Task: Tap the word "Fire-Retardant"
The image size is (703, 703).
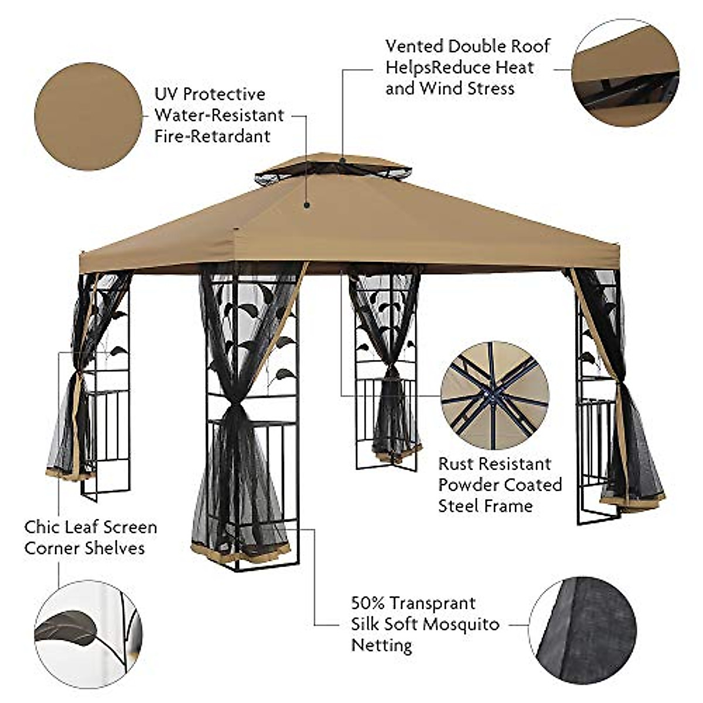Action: pyautogui.click(x=212, y=136)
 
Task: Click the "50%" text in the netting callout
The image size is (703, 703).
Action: pyautogui.click(x=368, y=603)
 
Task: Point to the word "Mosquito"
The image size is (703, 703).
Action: pyautogui.click(x=461, y=624)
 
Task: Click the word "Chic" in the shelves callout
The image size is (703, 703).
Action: pyautogui.click(x=43, y=527)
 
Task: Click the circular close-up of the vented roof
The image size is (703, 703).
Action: pyautogui.click(x=626, y=73)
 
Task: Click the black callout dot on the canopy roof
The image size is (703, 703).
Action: pyautogui.click(x=305, y=206)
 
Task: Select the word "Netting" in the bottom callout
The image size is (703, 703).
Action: pyautogui.click(x=381, y=645)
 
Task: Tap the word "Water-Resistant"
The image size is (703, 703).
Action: pyautogui.click(x=219, y=115)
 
